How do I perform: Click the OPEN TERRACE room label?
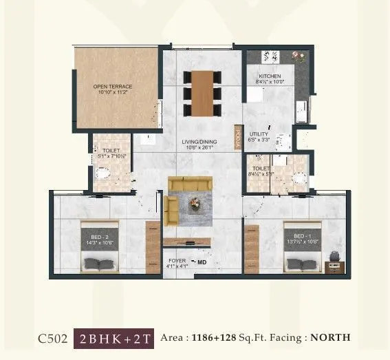[x=113, y=87]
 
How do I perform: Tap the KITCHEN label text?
[x=268, y=76]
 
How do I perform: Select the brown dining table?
[x=202, y=93]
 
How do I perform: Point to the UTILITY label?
[x=259, y=134]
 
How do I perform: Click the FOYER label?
[x=177, y=262]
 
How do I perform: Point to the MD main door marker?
[x=202, y=262]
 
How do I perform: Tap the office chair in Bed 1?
[x=334, y=256]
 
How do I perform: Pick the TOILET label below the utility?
[x=260, y=168]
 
